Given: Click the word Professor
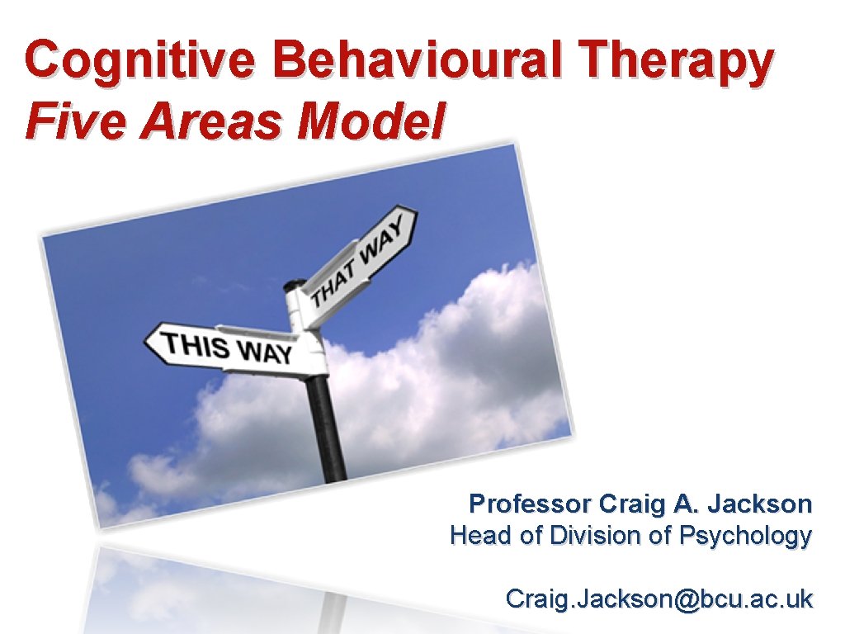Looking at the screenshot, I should [530, 504].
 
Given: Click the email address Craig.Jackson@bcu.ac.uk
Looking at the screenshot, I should [659, 599].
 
